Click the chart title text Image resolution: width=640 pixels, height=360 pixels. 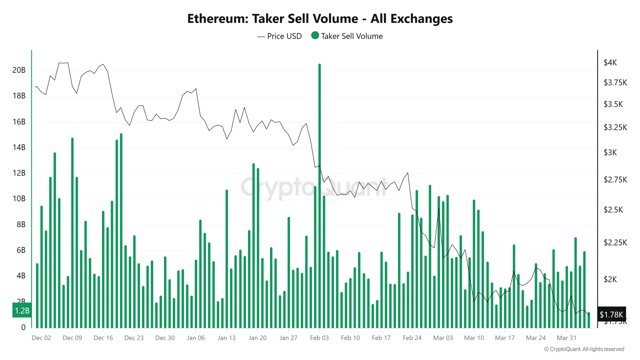[320, 19]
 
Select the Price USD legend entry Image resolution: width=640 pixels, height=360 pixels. [280, 36]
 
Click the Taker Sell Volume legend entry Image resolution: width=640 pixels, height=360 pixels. [347, 36]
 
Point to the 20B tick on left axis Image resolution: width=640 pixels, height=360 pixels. [19, 70]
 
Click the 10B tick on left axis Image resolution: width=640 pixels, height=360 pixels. [19, 199]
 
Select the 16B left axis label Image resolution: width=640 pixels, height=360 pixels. [19, 122]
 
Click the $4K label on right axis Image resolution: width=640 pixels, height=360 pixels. [610, 62]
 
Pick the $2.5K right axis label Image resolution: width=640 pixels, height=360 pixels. [613, 210]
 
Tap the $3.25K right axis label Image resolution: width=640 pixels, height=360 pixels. [615, 128]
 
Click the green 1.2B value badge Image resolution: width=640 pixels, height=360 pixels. [22, 310]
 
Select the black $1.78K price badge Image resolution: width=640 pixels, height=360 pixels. [611, 314]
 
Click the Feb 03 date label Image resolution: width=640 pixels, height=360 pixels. [319, 338]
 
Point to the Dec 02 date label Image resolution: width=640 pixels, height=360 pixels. [41, 338]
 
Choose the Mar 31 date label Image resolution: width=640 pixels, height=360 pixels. [566, 338]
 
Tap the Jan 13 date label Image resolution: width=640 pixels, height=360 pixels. [226, 338]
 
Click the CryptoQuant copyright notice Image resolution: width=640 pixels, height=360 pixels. [584, 349]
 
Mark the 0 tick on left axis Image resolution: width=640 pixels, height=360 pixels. [23, 327]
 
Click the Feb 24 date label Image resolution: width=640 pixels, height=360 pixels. [412, 338]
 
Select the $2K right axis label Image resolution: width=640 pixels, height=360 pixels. [610, 279]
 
